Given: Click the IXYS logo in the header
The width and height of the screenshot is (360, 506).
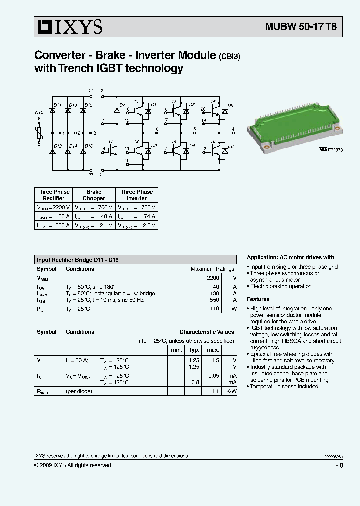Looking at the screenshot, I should (68, 27).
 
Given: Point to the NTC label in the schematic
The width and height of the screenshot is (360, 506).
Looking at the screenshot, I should (39, 112).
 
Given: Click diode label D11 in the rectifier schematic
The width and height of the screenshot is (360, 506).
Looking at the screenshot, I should (57, 105).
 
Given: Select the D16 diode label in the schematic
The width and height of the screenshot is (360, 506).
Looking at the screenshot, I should (88, 146).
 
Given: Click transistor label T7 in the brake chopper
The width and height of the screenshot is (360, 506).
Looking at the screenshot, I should (111, 141).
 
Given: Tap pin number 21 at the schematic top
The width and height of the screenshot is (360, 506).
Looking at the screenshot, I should (91, 90).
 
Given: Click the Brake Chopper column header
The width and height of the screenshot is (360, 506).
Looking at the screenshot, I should (93, 195).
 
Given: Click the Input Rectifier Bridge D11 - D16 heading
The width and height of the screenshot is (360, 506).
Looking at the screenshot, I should (78, 260).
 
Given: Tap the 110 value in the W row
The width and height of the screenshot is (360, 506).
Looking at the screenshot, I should (214, 309).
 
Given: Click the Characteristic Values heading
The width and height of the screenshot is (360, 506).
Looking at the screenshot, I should (206, 332).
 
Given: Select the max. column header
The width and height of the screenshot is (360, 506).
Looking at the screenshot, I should (213, 350).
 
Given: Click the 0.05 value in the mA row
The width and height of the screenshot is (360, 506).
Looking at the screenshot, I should (213, 375).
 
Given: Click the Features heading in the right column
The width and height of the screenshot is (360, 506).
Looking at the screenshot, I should (258, 299).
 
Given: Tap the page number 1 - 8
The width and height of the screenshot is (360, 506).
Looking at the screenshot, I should (337, 465).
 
